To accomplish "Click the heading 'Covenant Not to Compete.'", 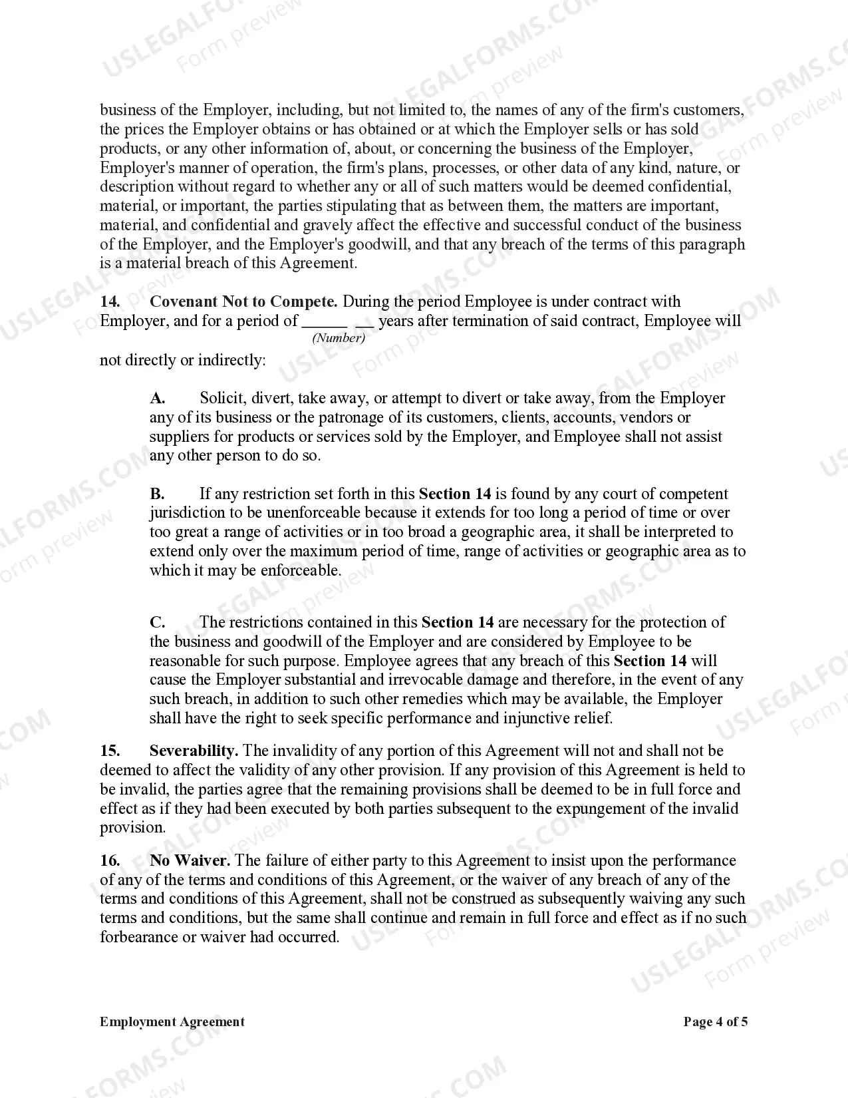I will point(243,301).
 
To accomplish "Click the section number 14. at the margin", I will point(110,301).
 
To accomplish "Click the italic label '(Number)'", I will point(339,338).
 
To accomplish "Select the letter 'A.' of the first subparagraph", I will point(158,398).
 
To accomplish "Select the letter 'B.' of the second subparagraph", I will point(158,494).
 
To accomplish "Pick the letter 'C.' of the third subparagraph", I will point(158,622).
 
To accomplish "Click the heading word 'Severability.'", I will point(194,751).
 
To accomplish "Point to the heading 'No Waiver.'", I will point(190,860).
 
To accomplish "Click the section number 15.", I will point(110,751).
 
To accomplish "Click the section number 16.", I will point(110,860).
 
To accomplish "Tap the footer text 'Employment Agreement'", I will point(172,1021).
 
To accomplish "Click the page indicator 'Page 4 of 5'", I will point(716,1021).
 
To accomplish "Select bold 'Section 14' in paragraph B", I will point(455,494).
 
